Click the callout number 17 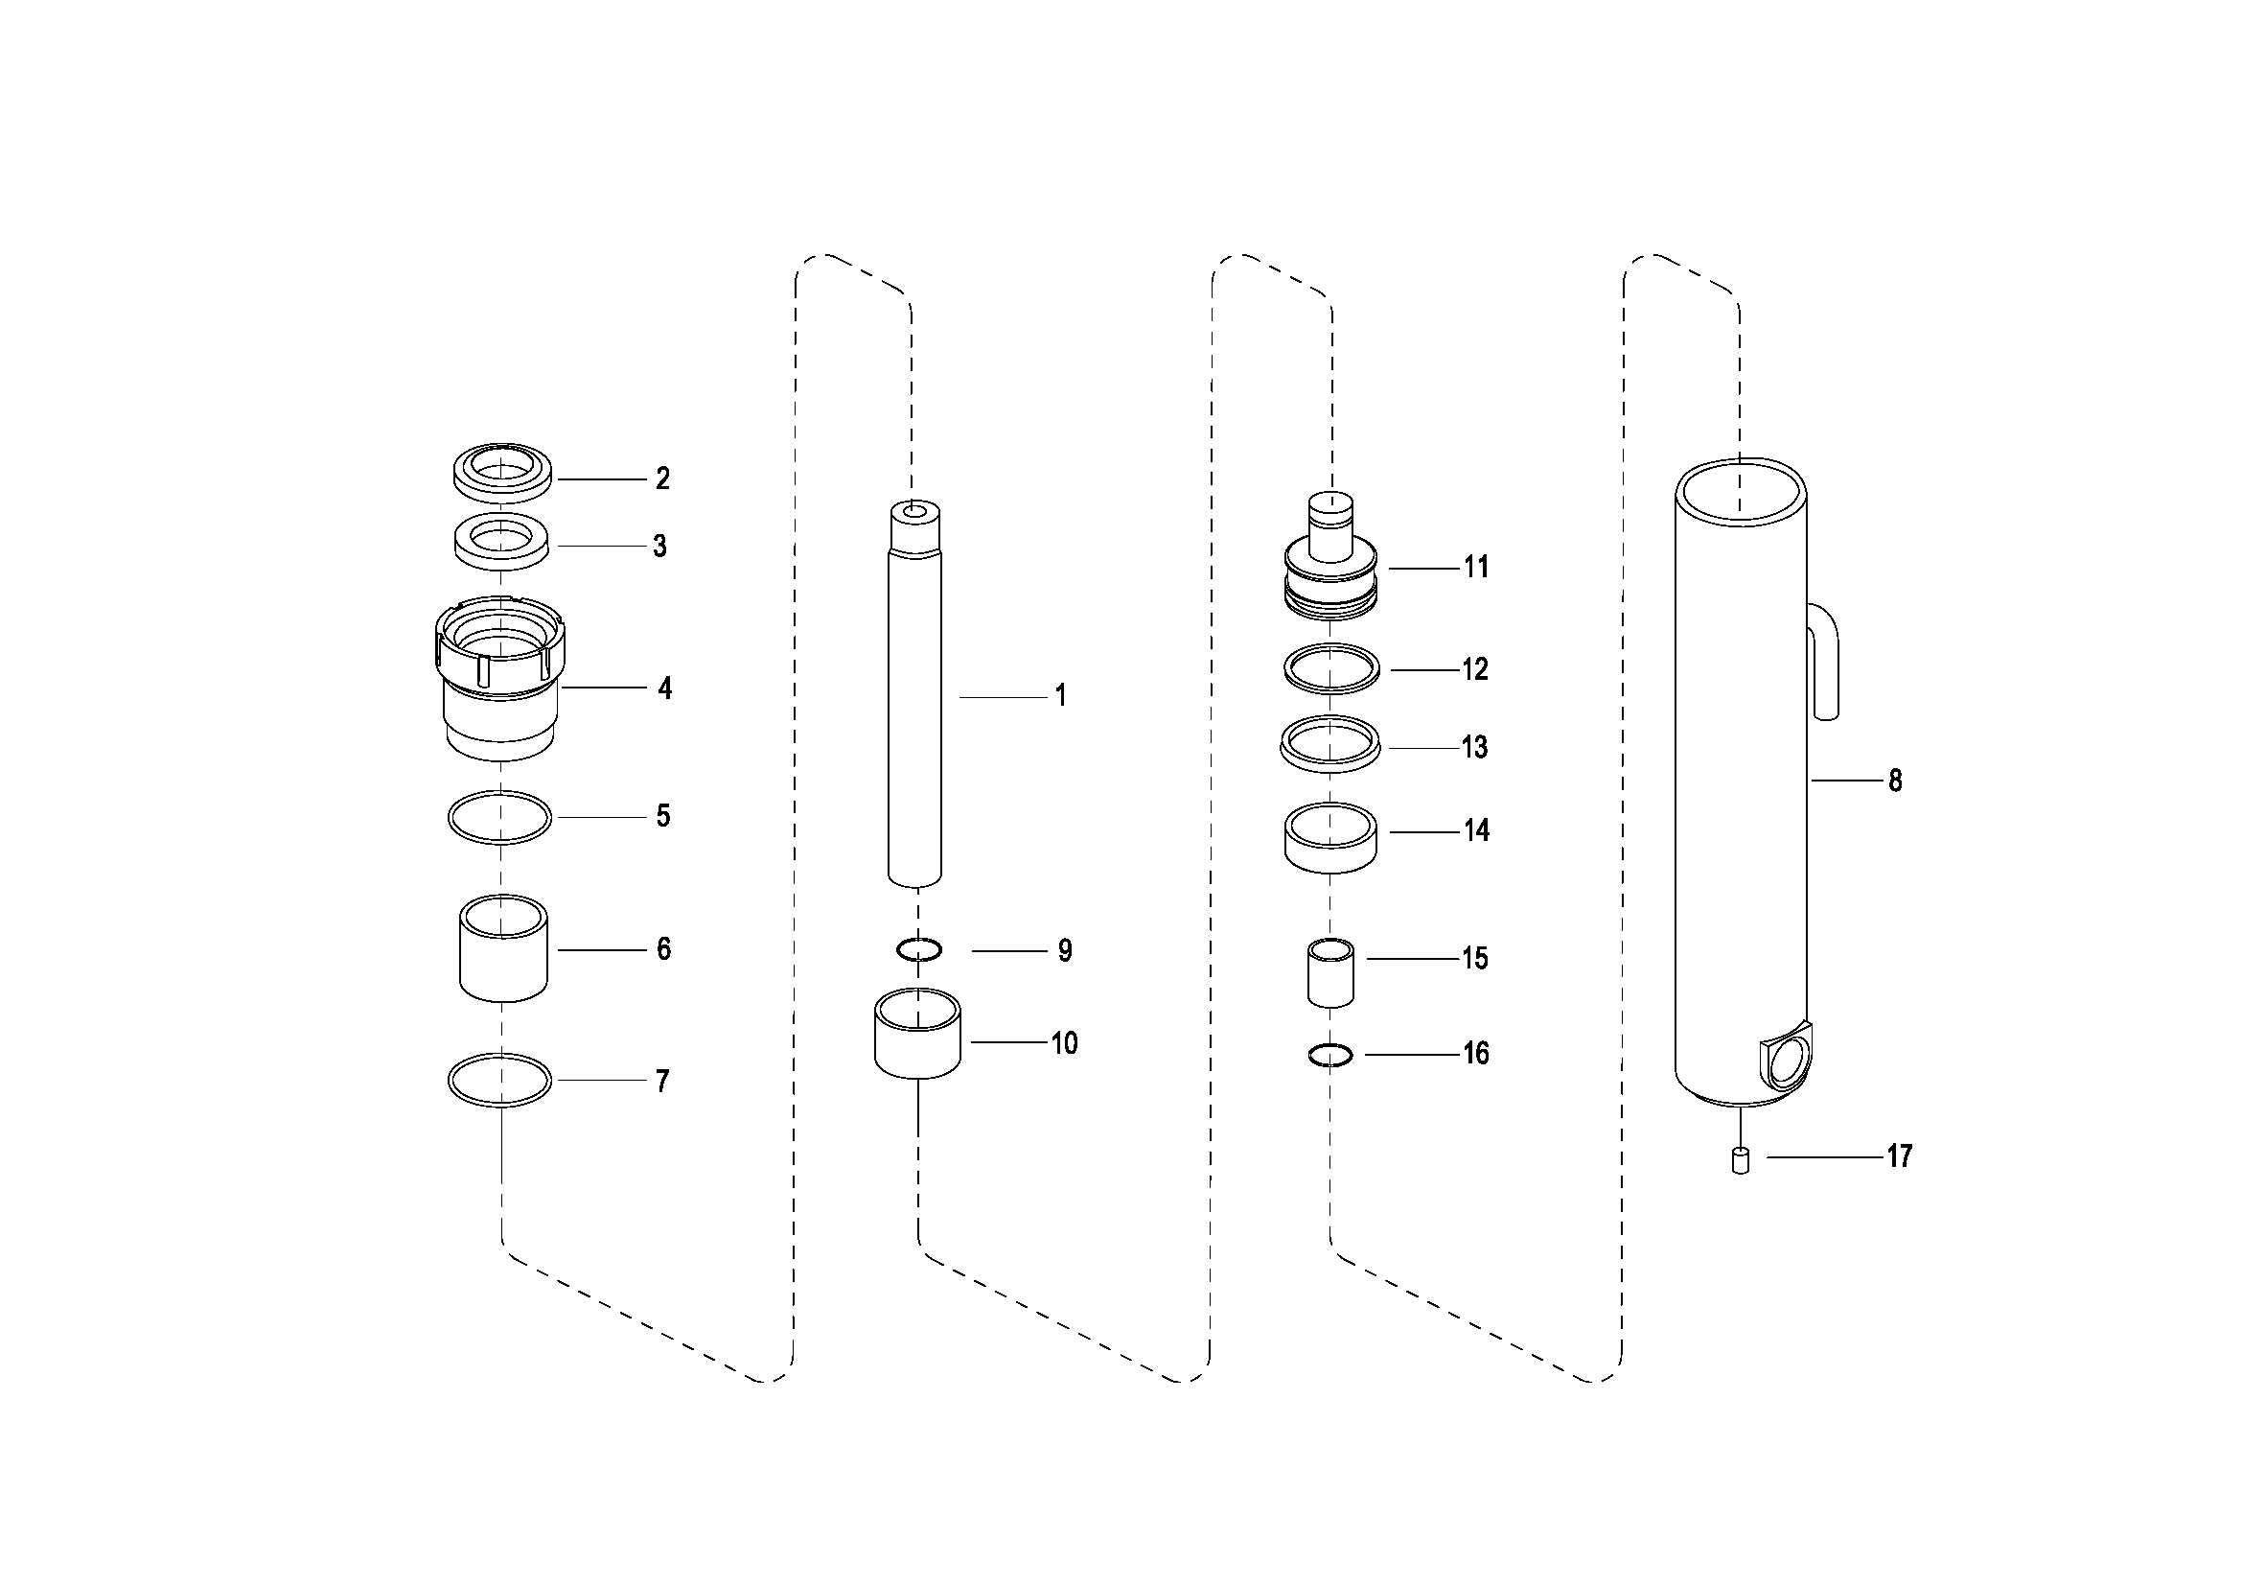coord(1899,1156)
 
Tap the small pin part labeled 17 coord(1740,1161)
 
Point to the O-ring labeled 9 coord(918,948)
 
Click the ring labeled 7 coord(500,1080)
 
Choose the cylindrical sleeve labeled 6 coord(503,947)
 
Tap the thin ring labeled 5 coord(499,816)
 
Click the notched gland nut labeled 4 coord(500,679)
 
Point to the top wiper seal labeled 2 coord(503,475)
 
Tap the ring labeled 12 coord(1331,669)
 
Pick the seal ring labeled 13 coord(1330,744)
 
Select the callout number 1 coord(1060,696)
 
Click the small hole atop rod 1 coord(915,512)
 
